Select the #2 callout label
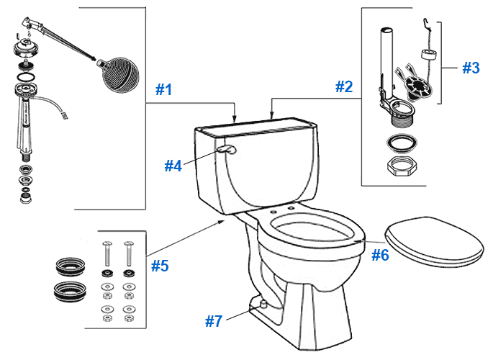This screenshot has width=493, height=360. pos(344,87)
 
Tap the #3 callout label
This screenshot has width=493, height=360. pos(471,68)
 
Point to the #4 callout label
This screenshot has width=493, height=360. pos(173,166)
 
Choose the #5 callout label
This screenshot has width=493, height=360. pos(160,266)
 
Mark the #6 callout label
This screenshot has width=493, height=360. pos(380,254)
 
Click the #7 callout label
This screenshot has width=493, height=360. pos(214,321)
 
